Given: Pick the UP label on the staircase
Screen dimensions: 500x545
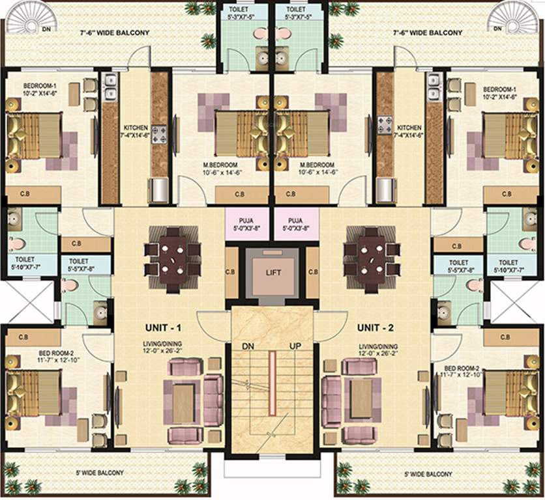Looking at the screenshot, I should (295, 346).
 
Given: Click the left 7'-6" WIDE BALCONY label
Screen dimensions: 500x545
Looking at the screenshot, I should (115, 33).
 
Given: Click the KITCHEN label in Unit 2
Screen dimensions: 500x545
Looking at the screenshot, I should (409, 128).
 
